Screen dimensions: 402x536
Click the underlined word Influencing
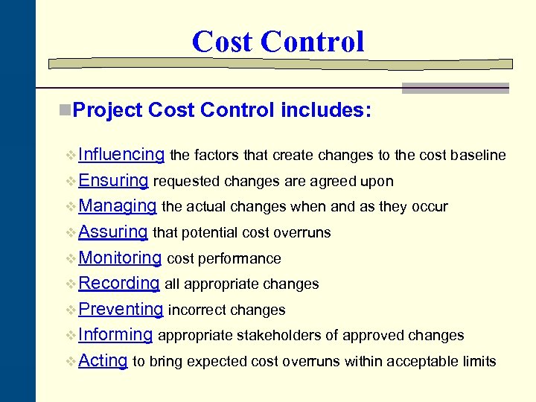pyautogui.click(x=121, y=155)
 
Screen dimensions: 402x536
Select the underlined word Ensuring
pyautogui.click(x=113, y=180)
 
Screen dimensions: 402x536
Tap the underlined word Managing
pyautogui.click(x=117, y=206)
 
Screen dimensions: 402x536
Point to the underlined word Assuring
pyautogui.click(x=112, y=232)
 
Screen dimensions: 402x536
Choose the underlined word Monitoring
pyautogui.click(x=120, y=258)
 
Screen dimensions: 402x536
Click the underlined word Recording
pyautogui.click(x=118, y=283)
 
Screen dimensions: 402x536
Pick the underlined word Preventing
pyautogui.click(x=120, y=309)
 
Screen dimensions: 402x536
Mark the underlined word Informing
pyautogui.click(x=115, y=334)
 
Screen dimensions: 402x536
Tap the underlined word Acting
pyautogui.click(x=103, y=360)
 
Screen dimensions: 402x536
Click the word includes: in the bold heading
pyautogui.click(x=326, y=110)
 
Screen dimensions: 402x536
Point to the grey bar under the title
pyautogui.click(x=456, y=87)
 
